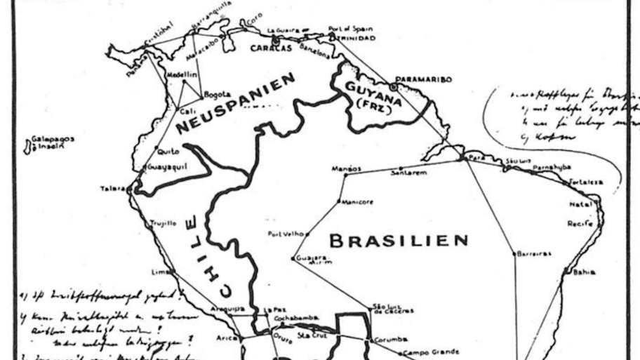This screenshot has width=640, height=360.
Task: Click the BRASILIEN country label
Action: [398, 241]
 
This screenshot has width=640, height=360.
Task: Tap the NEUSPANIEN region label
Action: [235, 105]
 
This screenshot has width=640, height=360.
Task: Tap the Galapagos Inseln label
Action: [50, 143]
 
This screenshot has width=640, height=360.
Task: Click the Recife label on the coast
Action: [580, 223]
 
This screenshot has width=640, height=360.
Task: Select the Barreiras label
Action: [534, 253]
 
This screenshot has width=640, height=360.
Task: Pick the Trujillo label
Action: [162, 224]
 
